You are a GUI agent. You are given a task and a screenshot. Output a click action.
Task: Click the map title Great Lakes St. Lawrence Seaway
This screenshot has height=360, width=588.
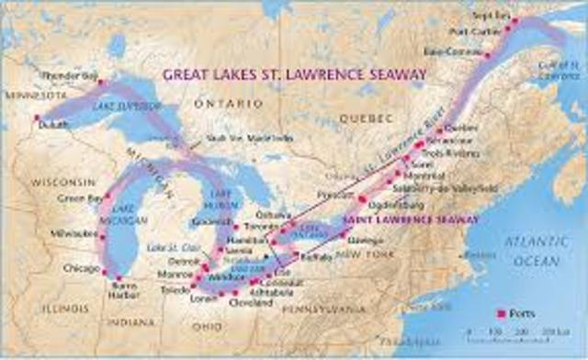(293, 73)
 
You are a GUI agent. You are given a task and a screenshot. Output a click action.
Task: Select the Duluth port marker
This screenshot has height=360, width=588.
(38, 118)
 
